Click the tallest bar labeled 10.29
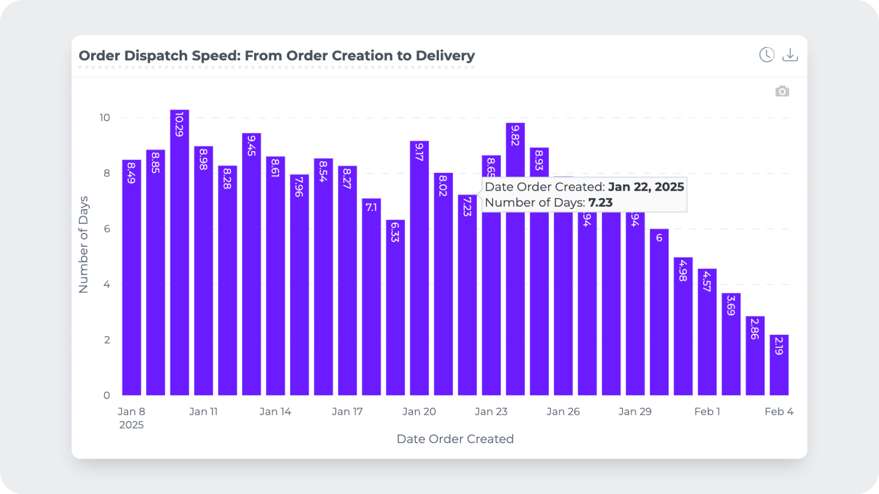pyautogui.click(x=179, y=252)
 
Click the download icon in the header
pyautogui.click(x=790, y=55)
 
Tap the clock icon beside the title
pyautogui.click(x=767, y=55)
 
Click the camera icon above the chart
pyautogui.click(x=782, y=91)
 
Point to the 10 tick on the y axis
pyautogui.click(x=105, y=118)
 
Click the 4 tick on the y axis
pyautogui.click(x=107, y=285)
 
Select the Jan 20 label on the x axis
pyautogui.click(x=419, y=412)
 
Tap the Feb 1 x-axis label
pyautogui.click(x=707, y=412)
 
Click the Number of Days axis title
pyautogui.click(x=83, y=245)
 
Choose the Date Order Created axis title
pyautogui.click(x=455, y=439)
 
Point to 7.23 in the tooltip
pyautogui.click(x=600, y=203)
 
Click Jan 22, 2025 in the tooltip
pyautogui.click(x=646, y=187)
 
